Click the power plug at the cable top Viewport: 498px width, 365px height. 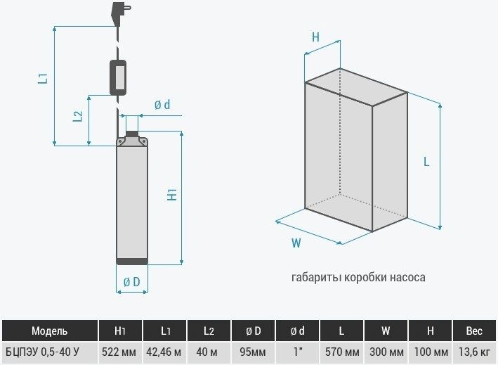pos(119,13)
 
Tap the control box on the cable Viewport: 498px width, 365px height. pos(118,77)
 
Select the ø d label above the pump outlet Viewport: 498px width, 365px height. pos(162,105)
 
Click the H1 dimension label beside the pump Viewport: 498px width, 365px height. pos(172,195)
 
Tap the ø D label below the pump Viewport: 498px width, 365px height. pos(131,282)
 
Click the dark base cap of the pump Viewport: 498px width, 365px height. pos(132,262)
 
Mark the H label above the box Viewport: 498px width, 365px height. pos(315,37)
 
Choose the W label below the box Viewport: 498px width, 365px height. pos(296,243)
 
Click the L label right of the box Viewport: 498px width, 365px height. pos(426,162)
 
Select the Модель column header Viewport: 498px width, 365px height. pos(50,331)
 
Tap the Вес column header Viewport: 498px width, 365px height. pos(474,331)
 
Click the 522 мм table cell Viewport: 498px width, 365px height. pos(119,352)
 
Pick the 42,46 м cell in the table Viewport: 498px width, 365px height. pos(164,352)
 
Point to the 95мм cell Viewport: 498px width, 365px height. pos(253,352)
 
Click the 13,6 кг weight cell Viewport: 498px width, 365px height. pos(474,352)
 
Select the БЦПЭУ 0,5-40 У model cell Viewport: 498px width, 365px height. pos(43,352)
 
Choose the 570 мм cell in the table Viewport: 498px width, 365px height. pos(342,352)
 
